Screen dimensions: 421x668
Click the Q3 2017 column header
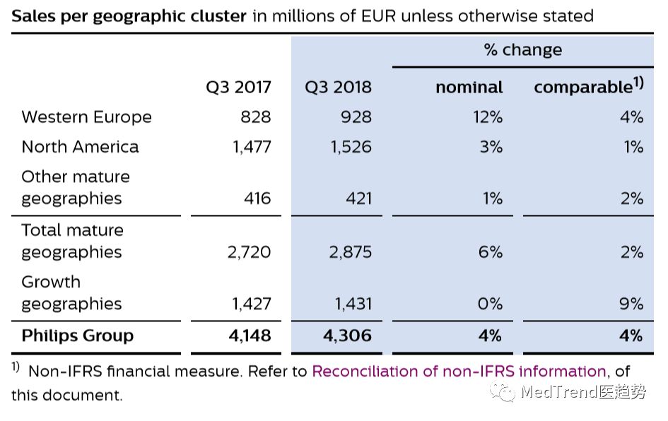click(238, 87)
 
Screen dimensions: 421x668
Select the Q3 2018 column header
click(338, 87)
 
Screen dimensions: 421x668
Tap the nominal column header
click(469, 87)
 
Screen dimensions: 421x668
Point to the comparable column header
click(588, 87)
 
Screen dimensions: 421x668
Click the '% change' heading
click(522, 49)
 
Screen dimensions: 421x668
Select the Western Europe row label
click(86, 117)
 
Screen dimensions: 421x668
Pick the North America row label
click(80, 146)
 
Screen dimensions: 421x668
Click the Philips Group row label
click(77, 335)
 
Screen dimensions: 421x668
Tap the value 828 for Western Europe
click(255, 117)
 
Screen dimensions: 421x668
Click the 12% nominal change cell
click(488, 117)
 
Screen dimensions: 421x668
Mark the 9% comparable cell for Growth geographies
click(631, 304)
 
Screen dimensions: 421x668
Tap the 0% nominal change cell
click(490, 304)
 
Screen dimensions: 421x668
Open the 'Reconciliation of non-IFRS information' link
click(459, 371)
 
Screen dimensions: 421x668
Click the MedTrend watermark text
click(581, 393)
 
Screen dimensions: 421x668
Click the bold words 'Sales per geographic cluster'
click(129, 16)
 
